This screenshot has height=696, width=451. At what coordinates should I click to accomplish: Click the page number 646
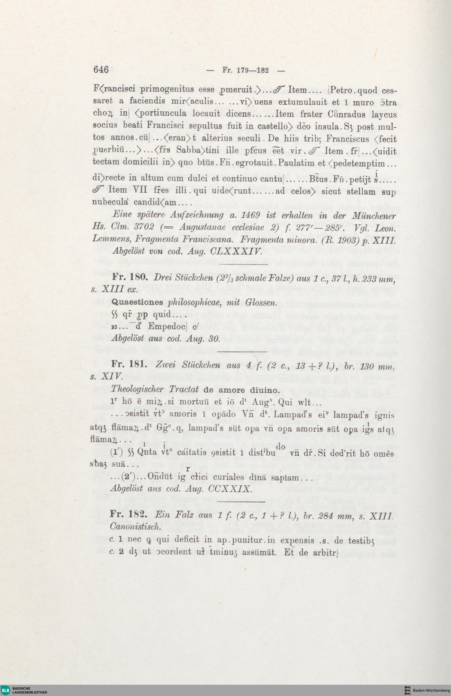click(101, 70)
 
